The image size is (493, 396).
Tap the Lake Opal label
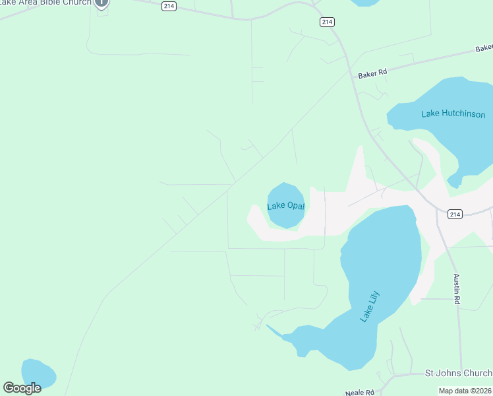286,206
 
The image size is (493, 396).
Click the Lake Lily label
370,307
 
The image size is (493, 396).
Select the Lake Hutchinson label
453,114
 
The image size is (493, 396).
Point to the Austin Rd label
456,289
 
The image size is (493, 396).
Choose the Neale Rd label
360,393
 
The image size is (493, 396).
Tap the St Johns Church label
458,373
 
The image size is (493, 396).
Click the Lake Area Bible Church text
46,3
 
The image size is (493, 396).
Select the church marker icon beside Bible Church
101,3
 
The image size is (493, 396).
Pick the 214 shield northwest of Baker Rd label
327,22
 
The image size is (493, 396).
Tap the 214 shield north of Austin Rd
455,214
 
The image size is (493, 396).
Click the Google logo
22,388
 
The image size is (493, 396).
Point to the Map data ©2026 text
465,391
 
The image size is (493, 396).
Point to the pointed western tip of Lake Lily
268,326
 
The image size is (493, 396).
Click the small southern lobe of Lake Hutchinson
454,180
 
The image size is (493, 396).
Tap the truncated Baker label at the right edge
484,48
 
